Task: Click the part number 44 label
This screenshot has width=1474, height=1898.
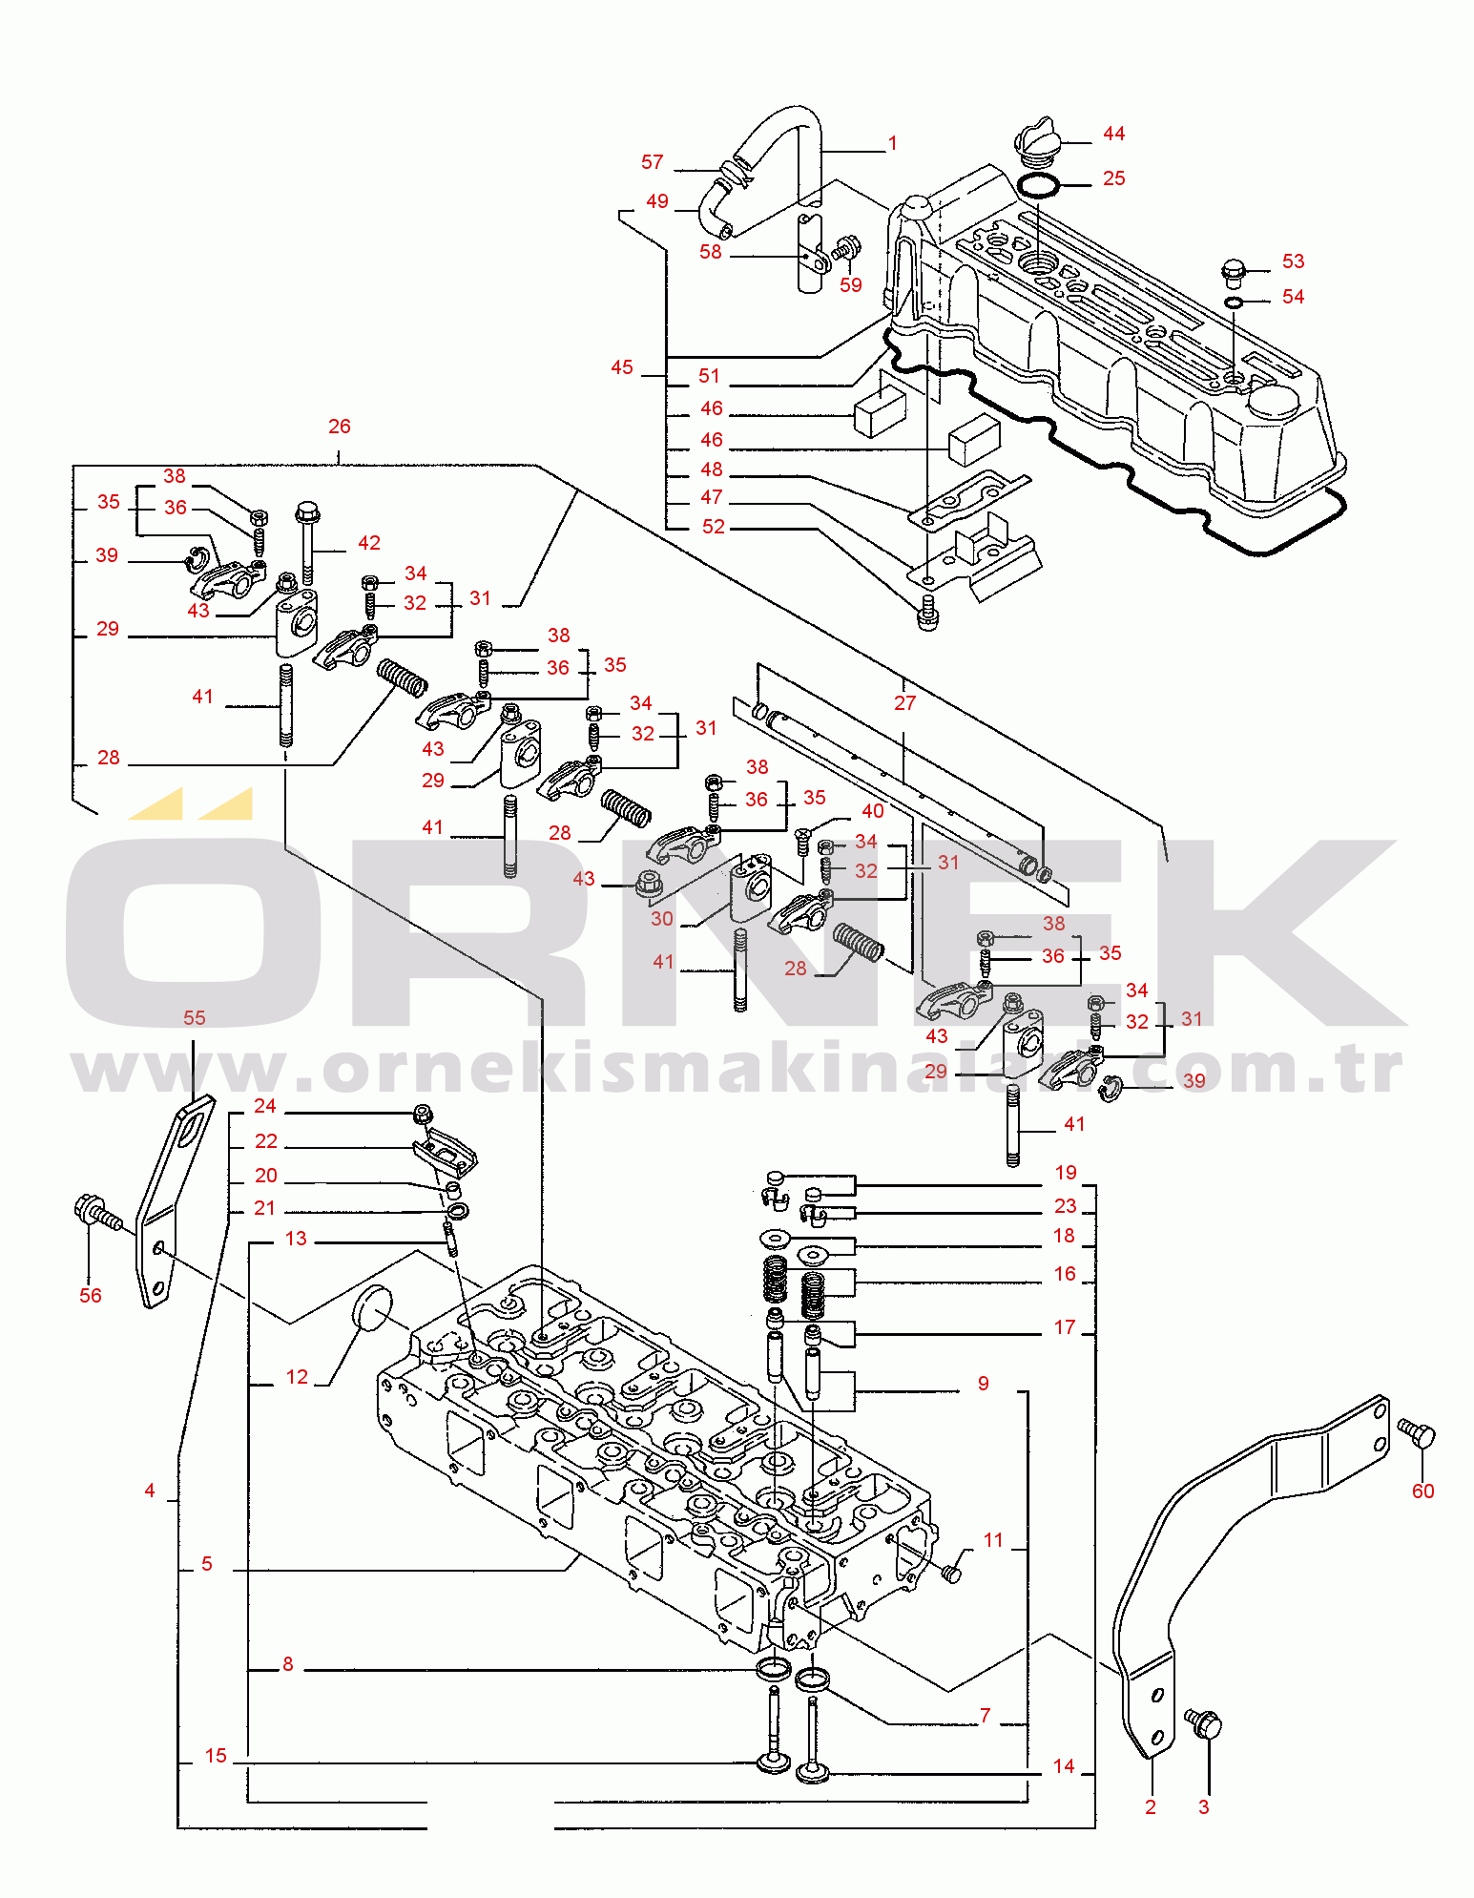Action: [1113, 134]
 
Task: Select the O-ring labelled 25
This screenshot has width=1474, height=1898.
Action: [1037, 185]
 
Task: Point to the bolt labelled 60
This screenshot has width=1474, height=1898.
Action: [1418, 1433]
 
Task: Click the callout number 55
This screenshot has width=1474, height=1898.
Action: [195, 1017]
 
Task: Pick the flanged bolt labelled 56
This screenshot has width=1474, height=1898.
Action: [95, 1214]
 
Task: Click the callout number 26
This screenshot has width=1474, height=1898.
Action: [340, 427]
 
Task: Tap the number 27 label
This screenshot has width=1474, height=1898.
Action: [904, 703]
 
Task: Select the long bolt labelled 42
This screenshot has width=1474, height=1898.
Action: [307, 542]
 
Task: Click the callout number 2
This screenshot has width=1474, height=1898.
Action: [1151, 1806]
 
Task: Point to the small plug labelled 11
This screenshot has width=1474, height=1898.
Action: [951, 1574]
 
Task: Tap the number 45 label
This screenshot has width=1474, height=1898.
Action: [622, 367]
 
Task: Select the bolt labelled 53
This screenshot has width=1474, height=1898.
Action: [1234, 272]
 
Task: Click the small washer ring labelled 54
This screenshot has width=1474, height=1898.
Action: [1234, 302]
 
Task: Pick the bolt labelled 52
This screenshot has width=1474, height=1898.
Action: [927, 615]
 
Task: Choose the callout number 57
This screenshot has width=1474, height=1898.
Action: [653, 162]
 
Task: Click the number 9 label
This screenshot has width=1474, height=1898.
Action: [984, 1384]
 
